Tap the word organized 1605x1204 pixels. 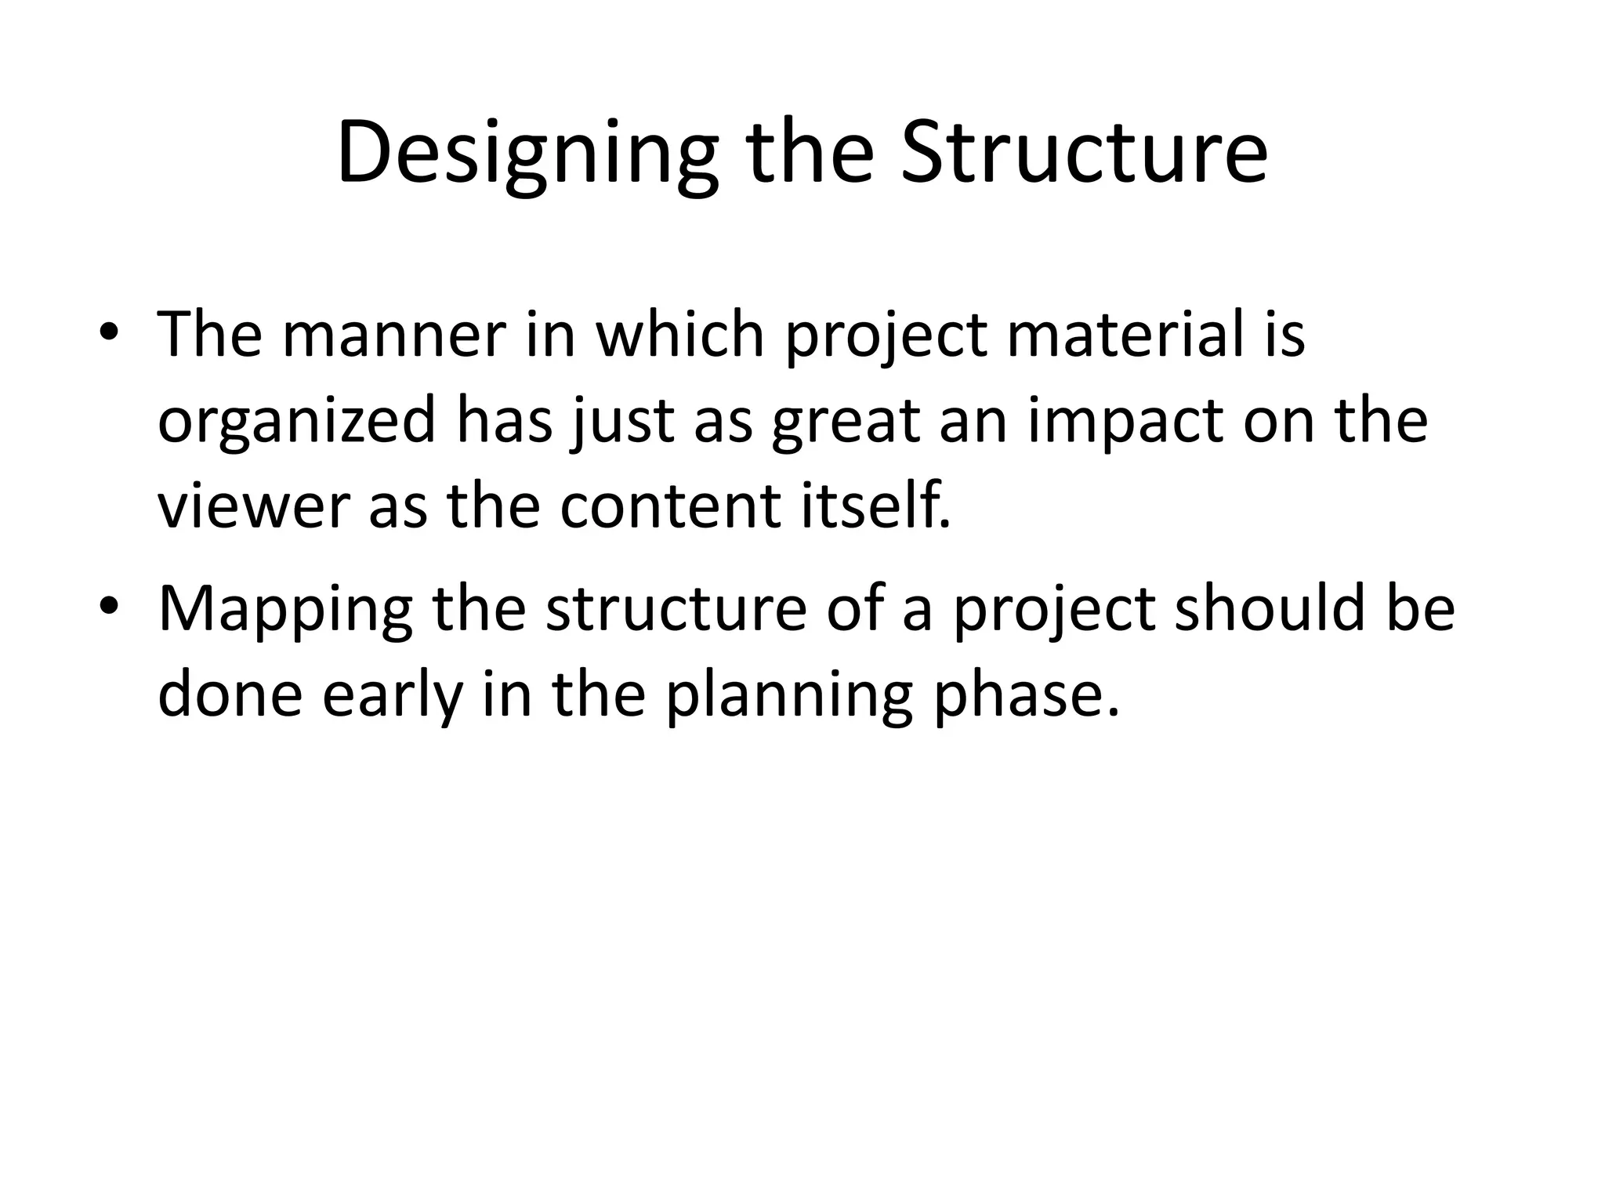click(296, 422)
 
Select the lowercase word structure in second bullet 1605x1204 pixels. click(676, 610)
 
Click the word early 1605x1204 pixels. click(392, 696)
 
